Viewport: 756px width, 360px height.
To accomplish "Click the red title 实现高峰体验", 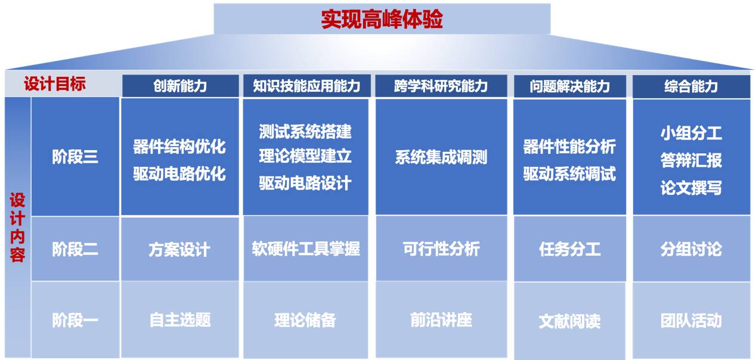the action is pyautogui.click(x=382, y=19).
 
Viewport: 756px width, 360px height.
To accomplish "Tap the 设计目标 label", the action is pyautogui.click(x=55, y=83).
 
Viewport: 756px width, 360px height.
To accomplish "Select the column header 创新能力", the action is pyautogui.click(x=180, y=86).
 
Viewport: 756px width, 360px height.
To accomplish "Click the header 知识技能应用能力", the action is pyautogui.click(x=306, y=86).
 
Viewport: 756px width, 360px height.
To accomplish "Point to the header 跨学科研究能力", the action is pyautogui.click(x=441, y=86).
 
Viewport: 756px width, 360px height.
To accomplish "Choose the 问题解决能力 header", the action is pyautogui.click(x=570, y=86).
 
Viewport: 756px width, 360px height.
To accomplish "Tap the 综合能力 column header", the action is pyautogui.click(x=691, y=86).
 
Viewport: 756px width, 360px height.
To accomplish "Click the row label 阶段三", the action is pyautogui.click(x=75, y=157).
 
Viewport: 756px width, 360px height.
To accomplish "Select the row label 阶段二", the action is pyautogui.click(x=75, y=249).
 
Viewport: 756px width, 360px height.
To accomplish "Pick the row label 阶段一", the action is pyautogui.click(x=75, y=320).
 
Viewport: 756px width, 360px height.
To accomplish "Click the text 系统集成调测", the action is pyautogui.click(x=441, y=157).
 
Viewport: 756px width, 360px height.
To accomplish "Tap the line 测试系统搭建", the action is pyautogui.click(x=305, y=131).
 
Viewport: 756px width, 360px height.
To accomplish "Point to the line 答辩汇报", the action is pyautogui.click(x=691, y=160).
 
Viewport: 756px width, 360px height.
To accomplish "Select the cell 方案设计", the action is pyautogui.click(x=179, y=250).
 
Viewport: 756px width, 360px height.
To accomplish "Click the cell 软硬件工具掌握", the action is pyautogui.click(x=306, y=249).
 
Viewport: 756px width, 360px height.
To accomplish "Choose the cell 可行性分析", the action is pyautogui.click(x=441, y=249).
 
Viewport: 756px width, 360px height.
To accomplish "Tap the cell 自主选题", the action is pyautogui.click(x=180, y=320).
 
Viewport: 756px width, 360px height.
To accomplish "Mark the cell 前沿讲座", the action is pyautogui.click(x=441, y=320).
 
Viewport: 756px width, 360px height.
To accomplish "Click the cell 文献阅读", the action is pyautogui.click(x=570, y=321).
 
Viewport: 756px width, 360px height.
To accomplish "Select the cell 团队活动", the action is pyautogui.click(x=691, y=321).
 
